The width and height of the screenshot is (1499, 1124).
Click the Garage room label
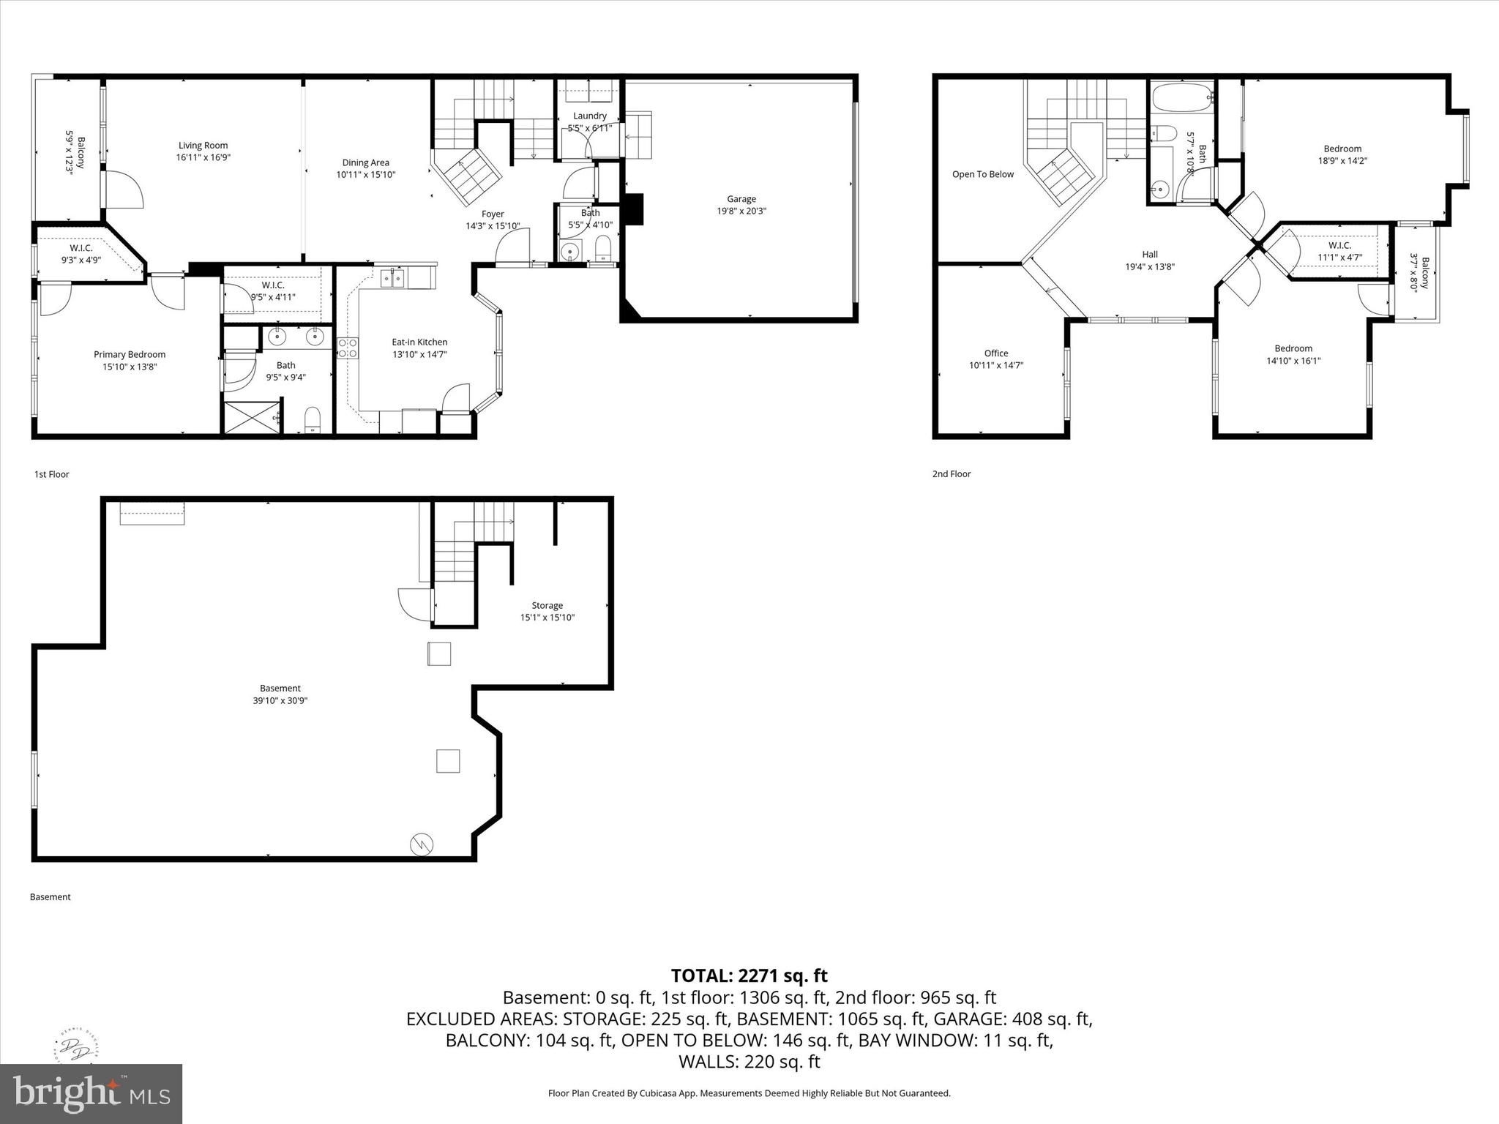741,198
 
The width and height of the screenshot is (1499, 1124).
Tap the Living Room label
203,146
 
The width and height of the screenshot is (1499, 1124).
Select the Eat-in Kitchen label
419,342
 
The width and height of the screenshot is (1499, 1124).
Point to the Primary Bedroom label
130,355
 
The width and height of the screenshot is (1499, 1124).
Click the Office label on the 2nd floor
996,353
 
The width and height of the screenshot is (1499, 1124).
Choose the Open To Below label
983,174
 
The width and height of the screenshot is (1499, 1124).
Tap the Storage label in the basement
547,605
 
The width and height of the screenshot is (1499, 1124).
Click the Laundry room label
590,116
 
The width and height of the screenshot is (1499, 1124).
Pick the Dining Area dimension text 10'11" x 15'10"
366,175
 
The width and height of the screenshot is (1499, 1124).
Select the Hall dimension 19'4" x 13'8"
1150,267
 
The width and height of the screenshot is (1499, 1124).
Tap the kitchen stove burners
348,348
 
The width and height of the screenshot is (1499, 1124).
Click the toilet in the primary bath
313,419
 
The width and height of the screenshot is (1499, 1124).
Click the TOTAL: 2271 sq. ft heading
749,975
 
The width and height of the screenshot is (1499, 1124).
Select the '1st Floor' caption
51,474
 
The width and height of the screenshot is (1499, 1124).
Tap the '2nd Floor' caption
952,474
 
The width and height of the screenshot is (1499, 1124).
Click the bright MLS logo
91,1093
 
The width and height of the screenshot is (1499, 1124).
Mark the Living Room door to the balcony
123,189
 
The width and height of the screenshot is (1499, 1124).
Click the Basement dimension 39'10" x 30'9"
280,700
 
